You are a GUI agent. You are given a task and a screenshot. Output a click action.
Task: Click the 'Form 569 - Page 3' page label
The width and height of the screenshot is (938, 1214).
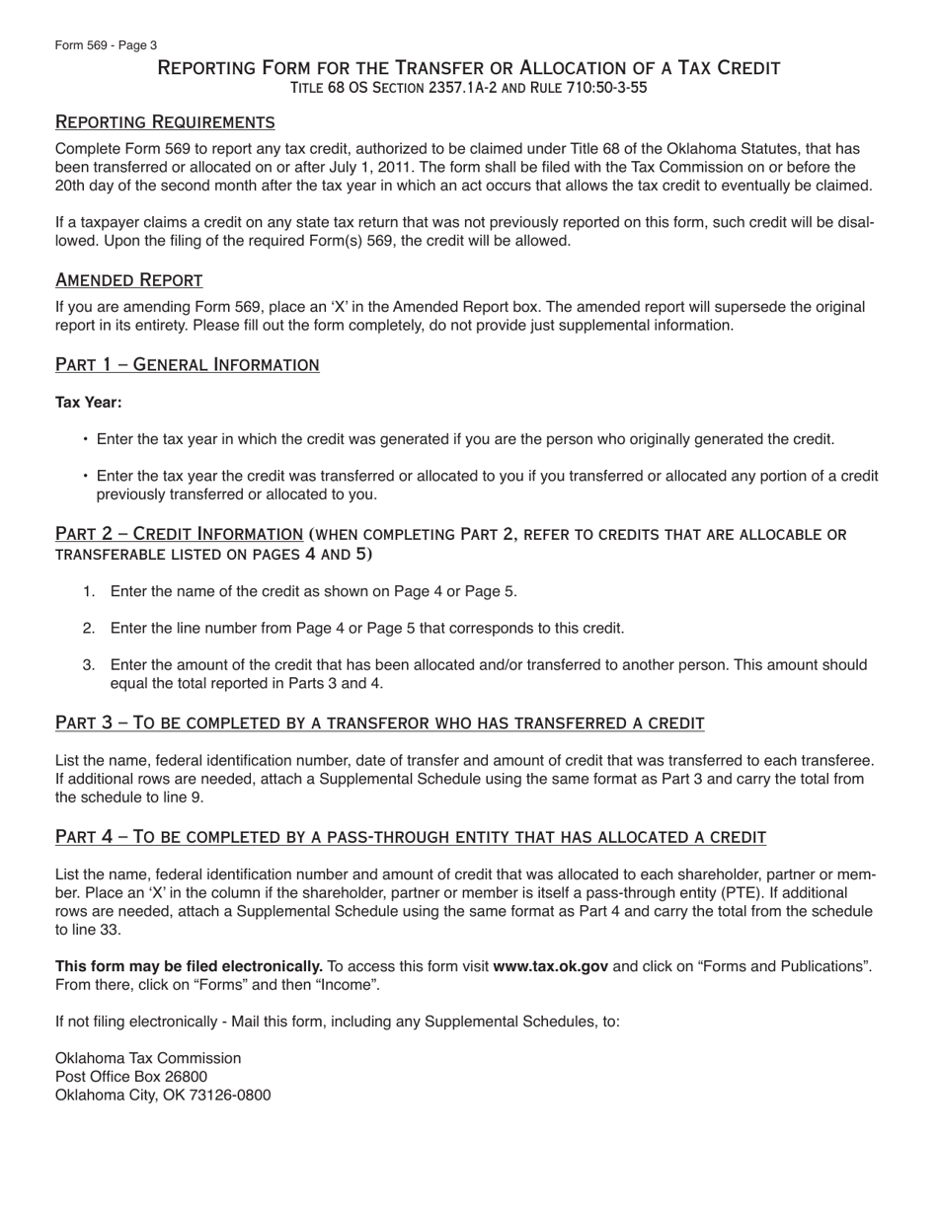pyautogui.click(x=106, y=45)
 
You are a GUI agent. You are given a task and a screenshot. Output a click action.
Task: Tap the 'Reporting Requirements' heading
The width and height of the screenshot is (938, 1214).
pyautogui.click(x=165, y=122)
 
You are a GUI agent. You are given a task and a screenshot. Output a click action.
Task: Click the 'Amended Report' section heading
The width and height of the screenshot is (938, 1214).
pyautogui.click(x=128, y=280)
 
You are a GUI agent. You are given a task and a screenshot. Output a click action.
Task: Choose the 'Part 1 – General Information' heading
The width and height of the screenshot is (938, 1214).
pyautogui.click(x=187, y=365)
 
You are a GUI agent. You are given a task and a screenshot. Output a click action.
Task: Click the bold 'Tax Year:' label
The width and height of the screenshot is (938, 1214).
pyautogui.click(x=89, y=403)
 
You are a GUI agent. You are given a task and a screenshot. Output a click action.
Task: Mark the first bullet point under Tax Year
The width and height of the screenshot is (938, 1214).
pyautogui.click(x=86, y=440)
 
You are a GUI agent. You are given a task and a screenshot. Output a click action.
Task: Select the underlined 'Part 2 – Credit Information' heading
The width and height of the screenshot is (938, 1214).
pyautogui.click(x=179, y=534)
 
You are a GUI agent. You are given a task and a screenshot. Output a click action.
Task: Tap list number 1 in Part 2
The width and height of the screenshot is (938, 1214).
pyautogui.click(x=89, y=592)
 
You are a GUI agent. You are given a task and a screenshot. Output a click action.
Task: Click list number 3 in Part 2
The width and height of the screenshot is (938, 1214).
pyautogui.click(x=89, y=665)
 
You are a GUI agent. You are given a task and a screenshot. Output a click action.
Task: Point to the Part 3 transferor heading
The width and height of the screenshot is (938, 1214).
pyautogui.click(x=379, y=723)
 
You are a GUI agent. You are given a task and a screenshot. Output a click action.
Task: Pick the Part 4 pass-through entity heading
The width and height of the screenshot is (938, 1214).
pyautogui.click(x=410, y=838)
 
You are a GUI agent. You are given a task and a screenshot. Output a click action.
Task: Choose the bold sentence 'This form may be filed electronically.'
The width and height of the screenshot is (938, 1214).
pyautogui.click(x=189, y=966)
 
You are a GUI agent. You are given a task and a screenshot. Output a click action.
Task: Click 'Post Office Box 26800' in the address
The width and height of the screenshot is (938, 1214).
pyautogui.click(x=131, y=1077)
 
